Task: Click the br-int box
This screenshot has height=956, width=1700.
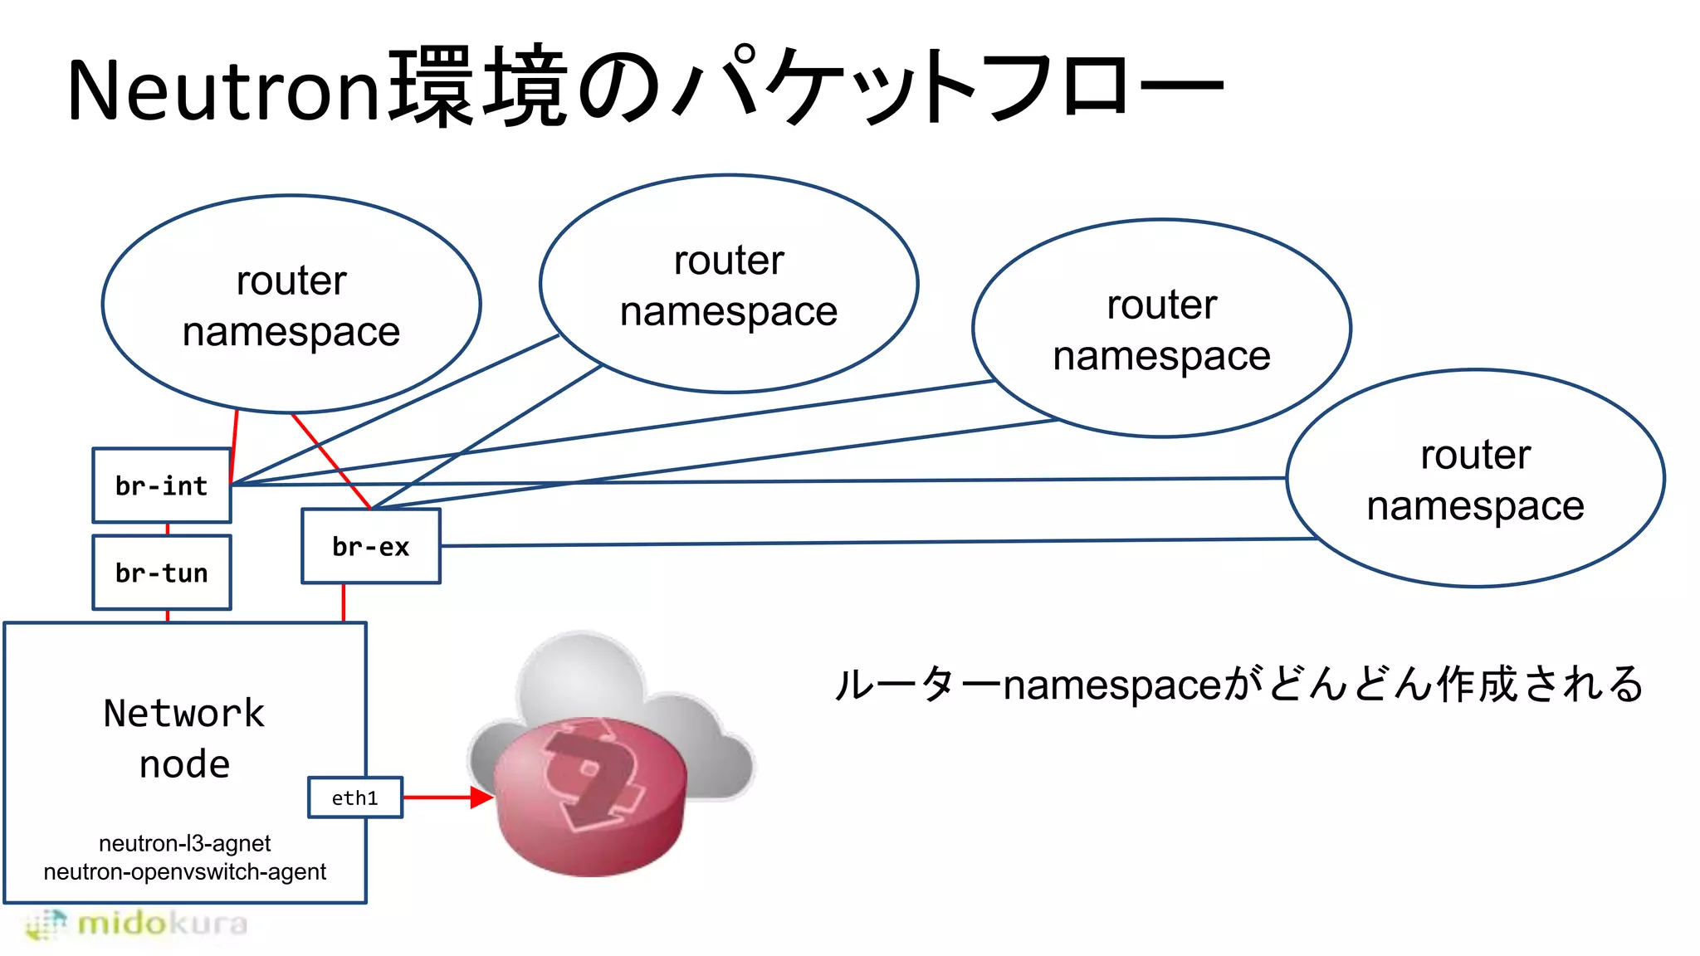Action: (162, 485)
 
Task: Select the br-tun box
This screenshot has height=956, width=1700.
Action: (162, 573)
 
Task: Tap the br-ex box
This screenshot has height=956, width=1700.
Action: (371, 546)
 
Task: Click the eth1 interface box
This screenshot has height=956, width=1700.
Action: (355, 797)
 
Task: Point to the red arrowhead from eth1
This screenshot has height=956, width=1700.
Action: (481, 797)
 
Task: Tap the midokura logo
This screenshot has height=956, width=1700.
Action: (137, 924)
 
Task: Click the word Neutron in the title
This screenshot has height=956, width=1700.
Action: (224, 90)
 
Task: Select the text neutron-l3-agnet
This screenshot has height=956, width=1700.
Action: (184, 843)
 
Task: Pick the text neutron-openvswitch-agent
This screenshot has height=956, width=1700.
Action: (184, 871)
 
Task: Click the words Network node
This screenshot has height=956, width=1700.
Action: (184, 738)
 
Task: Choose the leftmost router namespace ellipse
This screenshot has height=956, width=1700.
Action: (291, 305)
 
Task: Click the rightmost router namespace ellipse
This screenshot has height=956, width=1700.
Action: (1475, 479)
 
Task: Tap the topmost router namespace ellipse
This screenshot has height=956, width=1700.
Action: (729, 284)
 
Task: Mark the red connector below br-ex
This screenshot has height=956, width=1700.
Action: (344, 602)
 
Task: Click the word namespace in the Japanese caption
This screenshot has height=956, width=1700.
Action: (1112, 685)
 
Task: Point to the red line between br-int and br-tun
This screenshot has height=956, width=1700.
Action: (168, 529)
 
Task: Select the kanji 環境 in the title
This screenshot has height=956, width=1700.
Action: (479, 88)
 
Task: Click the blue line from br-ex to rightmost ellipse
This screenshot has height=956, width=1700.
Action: (872, 542)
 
